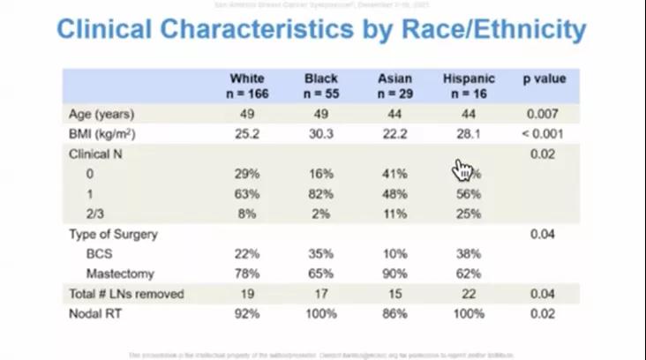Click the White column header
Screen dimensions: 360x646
(246, 86)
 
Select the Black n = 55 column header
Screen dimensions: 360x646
(321, 86)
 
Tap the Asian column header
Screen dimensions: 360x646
(394, 86)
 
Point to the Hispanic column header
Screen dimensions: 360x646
(469, 86)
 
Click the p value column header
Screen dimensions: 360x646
(544, 79)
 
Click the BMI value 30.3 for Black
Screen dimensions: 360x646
(321, 134)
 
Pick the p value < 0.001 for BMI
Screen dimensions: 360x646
(544, 134)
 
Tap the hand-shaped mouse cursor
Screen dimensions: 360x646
(463, 169)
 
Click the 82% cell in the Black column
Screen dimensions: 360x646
(321, 193)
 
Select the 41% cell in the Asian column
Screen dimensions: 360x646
(394, 174)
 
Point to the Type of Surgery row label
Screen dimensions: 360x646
(113, 234)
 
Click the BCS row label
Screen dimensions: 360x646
(99, 253)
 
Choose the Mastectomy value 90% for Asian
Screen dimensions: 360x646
(394, 274)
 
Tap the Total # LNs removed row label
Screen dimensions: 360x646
(125, 294)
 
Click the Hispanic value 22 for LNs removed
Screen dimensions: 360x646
(469, 294)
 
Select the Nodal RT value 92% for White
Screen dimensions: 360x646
(246, 313)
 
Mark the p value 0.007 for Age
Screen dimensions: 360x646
(544, 114)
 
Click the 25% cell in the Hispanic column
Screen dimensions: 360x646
(469, 214)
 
